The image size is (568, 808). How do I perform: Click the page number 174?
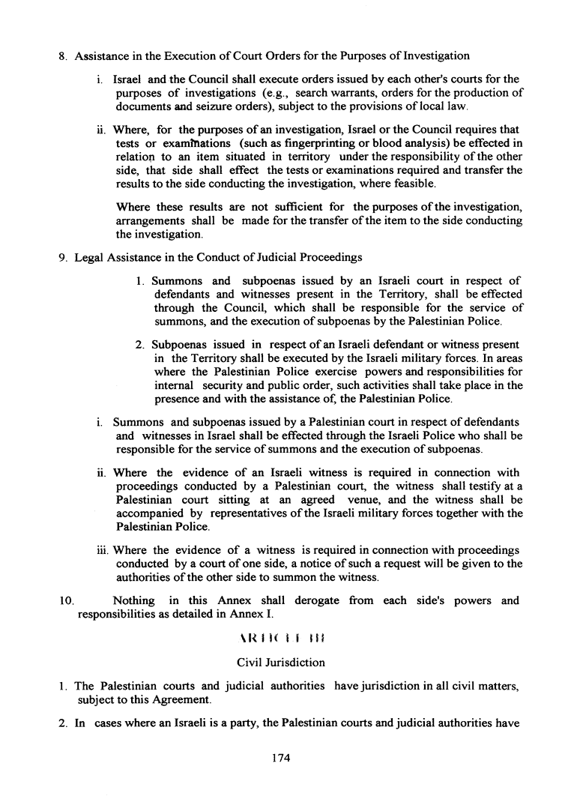pos(280,758)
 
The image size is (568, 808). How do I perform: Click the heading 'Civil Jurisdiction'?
pos(280,662)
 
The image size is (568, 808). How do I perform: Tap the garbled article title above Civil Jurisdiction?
pos(280,640)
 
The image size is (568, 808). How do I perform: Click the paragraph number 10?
pos(66,600)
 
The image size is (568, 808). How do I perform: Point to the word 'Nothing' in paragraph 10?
pos(133,600)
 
